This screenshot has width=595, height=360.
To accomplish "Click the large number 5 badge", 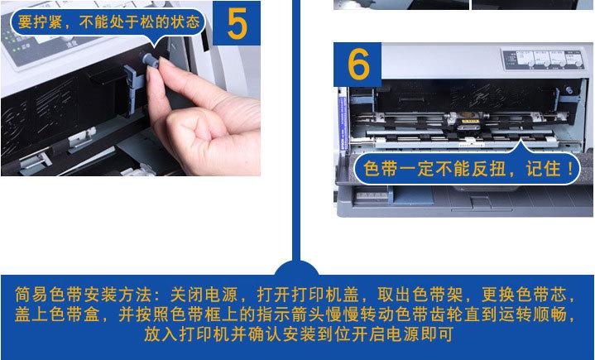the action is tap(237, 23).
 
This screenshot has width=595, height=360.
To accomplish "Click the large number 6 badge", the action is tap(357, 65).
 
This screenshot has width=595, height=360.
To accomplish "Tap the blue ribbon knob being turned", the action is tap(151, 60).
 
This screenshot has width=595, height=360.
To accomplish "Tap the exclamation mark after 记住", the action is tap(570, 169).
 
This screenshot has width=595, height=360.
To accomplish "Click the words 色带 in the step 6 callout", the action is tap(380, 169).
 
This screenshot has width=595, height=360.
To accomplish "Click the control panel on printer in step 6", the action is tap(543, 60).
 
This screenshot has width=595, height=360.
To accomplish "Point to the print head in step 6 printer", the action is tap(468, 121).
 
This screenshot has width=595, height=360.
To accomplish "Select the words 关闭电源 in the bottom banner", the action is tap(204, 295).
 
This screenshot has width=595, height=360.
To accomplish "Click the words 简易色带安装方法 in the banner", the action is tap(84, 295).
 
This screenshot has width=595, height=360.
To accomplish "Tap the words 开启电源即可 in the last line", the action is tap(402, 334).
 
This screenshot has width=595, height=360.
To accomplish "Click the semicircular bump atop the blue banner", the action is tap(296, 268).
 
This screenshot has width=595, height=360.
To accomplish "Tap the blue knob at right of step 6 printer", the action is tap(569, 90).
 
